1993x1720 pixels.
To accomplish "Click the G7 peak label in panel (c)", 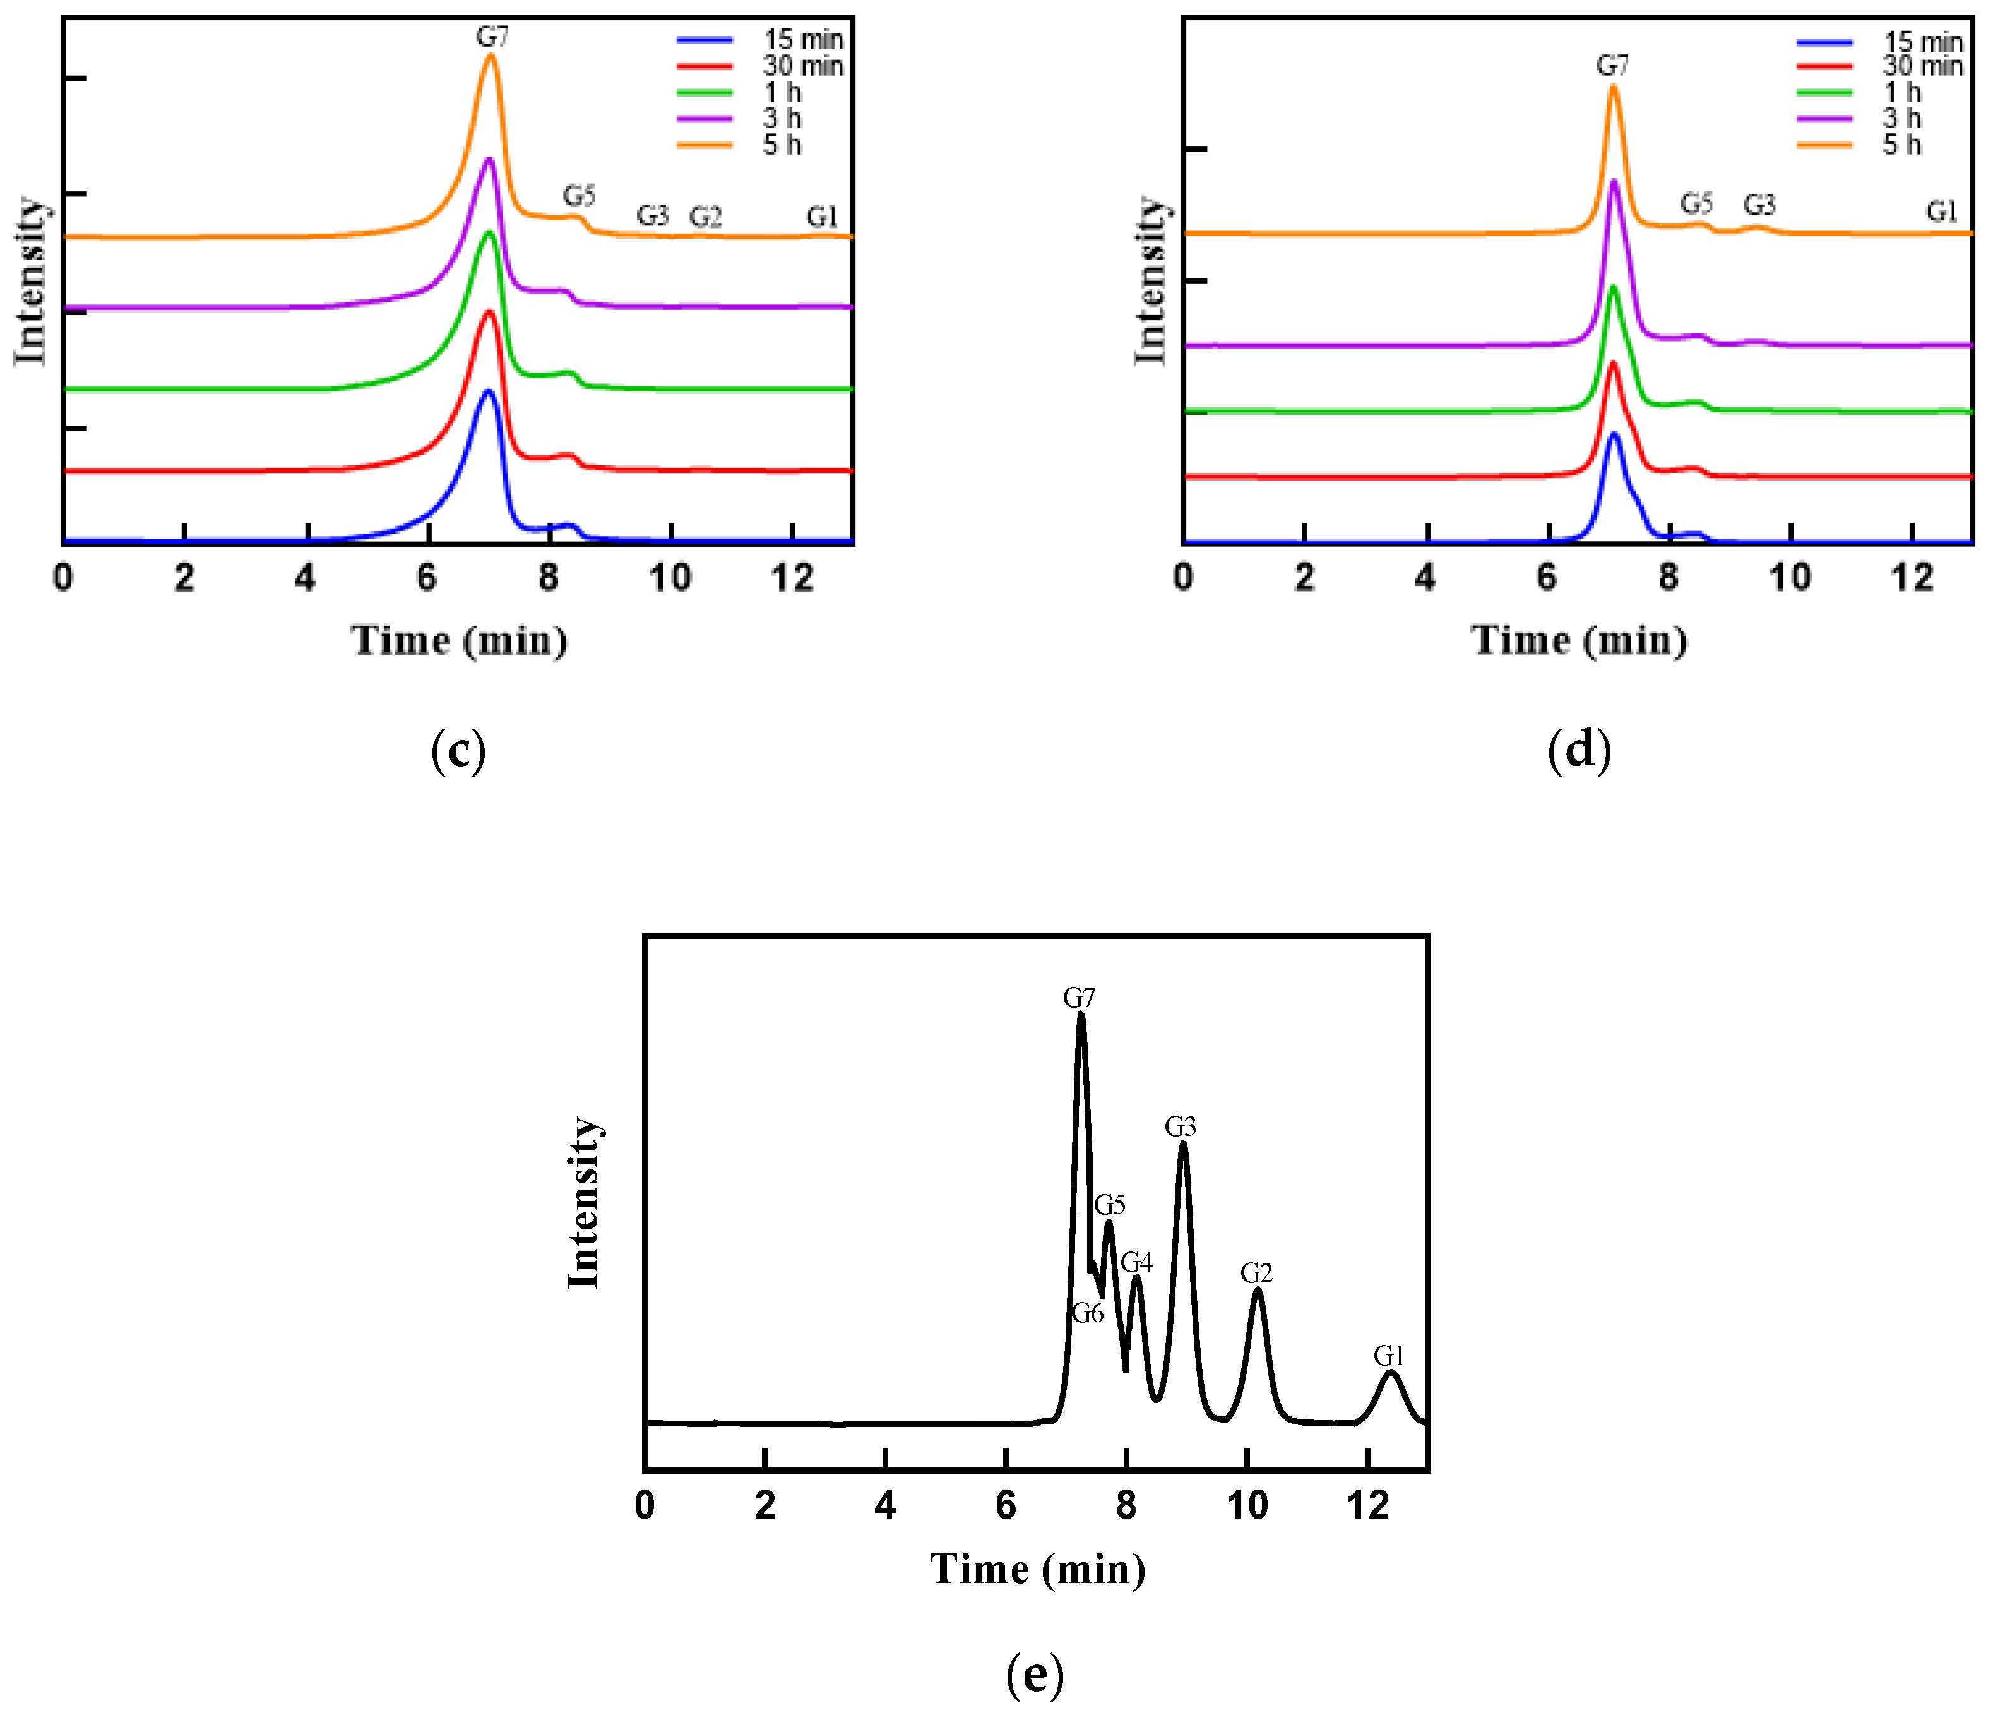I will tap(492, 37).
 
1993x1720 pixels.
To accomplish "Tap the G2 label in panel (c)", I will tap(705, 217).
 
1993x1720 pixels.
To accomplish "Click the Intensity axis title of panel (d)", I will tap(1150, 281).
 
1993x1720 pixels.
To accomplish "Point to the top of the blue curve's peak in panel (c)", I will tap(487, 391).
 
